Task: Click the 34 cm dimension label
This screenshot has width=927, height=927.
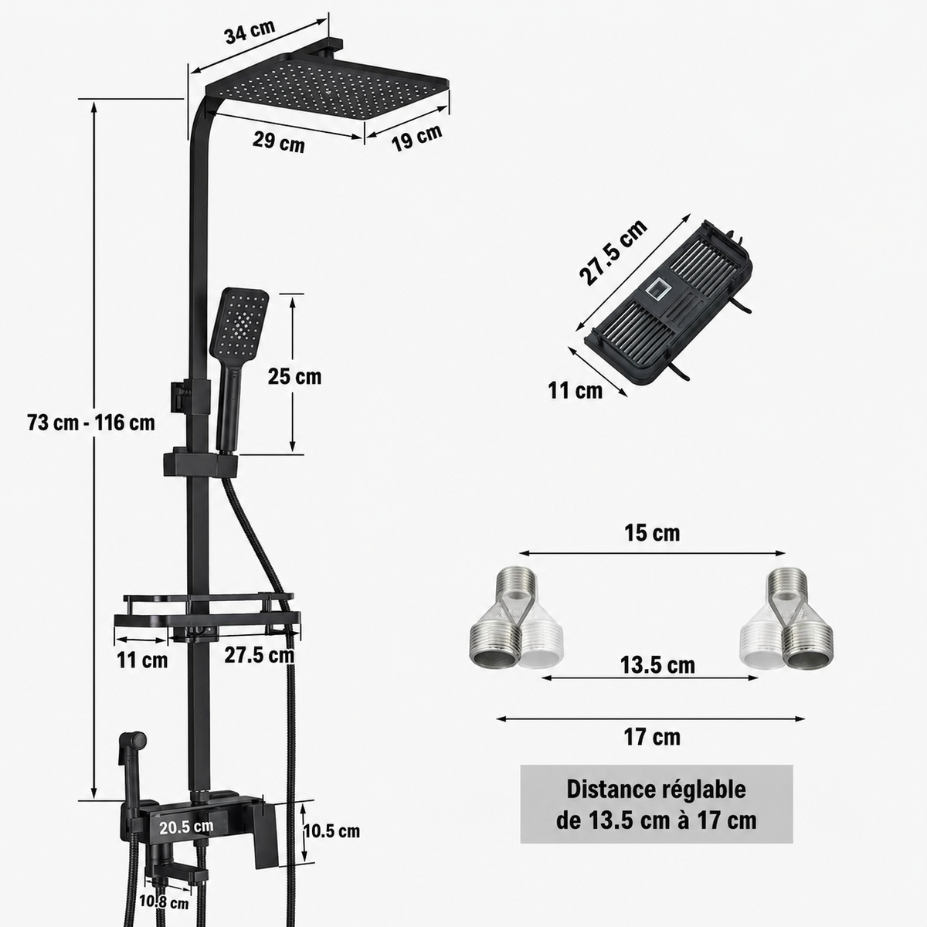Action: click(x=250, y=32)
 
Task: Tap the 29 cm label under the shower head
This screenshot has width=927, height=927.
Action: click(x=279, y=142)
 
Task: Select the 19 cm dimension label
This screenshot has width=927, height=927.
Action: click(x=416, y=138)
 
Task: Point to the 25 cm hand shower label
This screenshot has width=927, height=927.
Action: click(x=294, y=377)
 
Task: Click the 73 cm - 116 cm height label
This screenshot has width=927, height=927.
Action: click(x=91, y=423)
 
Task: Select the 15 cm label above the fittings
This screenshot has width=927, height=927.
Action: click(x=652, y=533)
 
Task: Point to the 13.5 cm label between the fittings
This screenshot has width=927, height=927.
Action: click(x=657, y=666)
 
